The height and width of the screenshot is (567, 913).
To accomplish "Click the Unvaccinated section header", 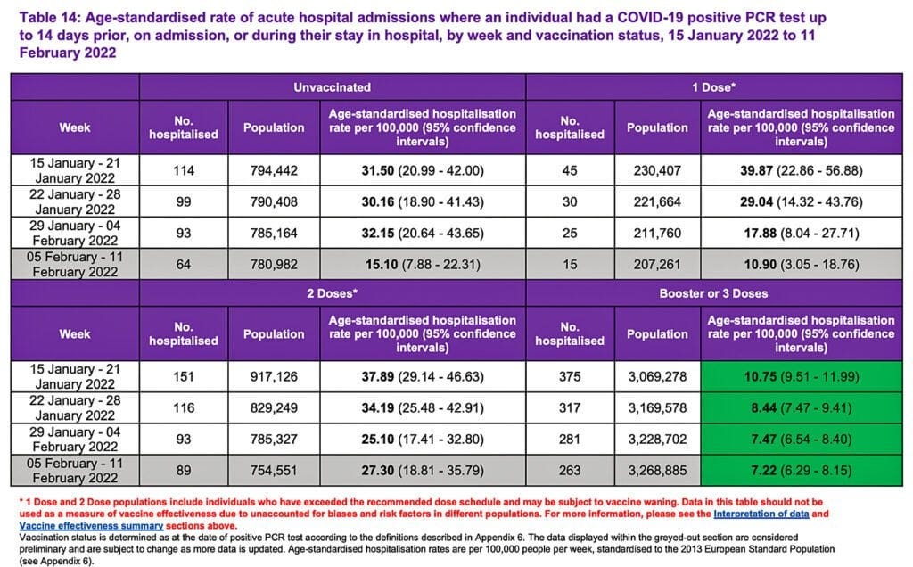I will (332, 87).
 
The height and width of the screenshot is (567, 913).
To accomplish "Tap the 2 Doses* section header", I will (332, 293).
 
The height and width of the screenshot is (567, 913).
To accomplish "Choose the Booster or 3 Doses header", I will (714, 293).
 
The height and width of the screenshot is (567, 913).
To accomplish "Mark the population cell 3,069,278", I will (657, 376).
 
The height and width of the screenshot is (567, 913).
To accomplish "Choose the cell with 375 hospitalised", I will (570, 376).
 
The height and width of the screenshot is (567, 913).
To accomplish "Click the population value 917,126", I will (274, 376).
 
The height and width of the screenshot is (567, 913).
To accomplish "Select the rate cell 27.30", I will (421, 468).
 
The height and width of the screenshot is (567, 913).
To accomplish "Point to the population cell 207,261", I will (657, 262).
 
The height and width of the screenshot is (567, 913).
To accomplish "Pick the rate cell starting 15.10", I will (421, 262).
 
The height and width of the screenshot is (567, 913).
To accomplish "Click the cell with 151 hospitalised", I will (184, 376).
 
